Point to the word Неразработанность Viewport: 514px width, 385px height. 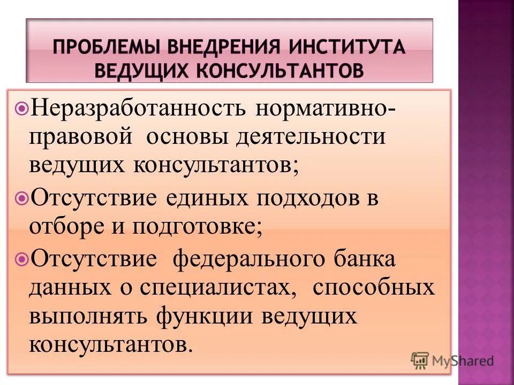coord(139,111)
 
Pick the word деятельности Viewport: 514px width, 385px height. coord(309,136)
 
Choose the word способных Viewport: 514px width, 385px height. coord(373,287)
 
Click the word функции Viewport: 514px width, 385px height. coord(205,315)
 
